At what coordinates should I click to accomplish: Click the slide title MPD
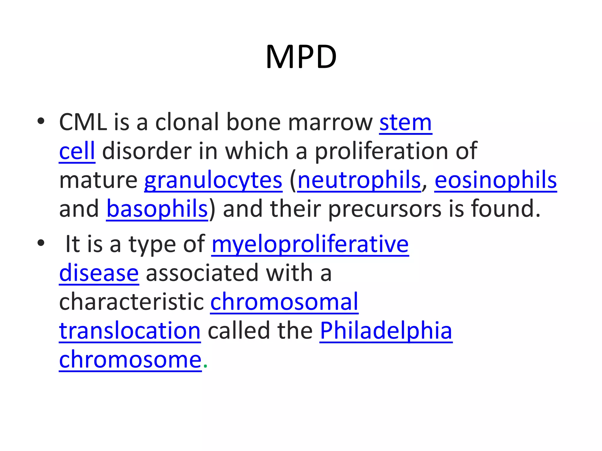click(x=301, y=57)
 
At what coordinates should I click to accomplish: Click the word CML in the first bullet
click(x=83, y=122)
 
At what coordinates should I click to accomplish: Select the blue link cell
click(x=77, y=151)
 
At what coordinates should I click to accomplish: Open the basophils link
click(x=157, y=208)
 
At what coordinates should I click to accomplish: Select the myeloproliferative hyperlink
click(x=310, y=244)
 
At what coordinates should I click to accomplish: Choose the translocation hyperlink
click(x=130, y=331)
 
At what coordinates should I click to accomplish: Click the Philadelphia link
click(x=386, y=331)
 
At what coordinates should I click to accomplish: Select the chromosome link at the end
click(x=130, y=359)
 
